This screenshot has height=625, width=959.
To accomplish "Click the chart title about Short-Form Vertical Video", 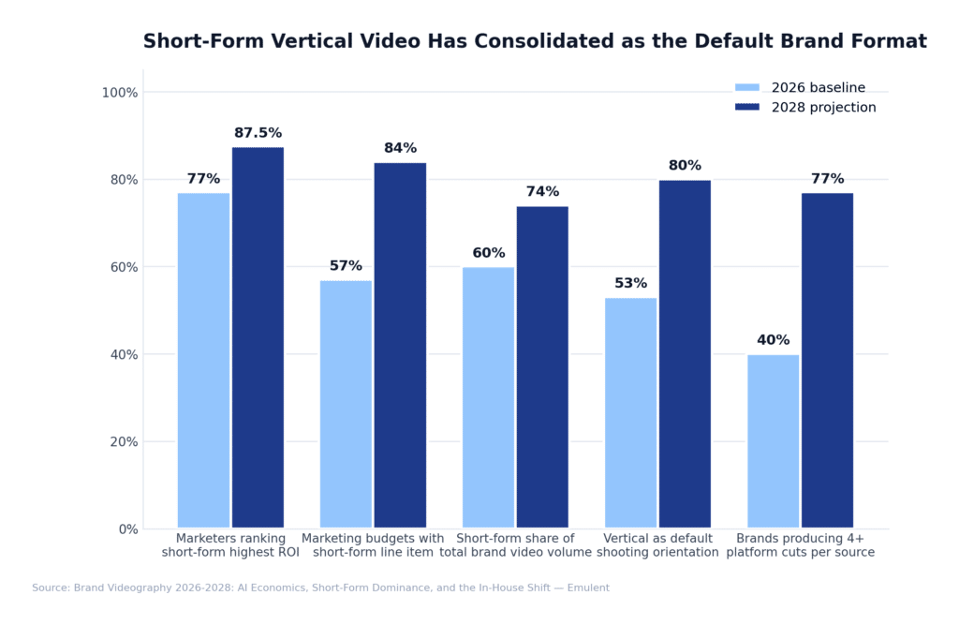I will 535,41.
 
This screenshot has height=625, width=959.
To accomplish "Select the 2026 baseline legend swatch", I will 746,88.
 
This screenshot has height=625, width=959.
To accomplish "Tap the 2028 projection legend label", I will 823,108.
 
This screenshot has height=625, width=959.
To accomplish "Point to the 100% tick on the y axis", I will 119,93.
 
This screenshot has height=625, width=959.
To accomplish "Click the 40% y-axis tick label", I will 122,355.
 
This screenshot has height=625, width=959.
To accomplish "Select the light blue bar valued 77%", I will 203,361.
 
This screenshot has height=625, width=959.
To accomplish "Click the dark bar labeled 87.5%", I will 258,337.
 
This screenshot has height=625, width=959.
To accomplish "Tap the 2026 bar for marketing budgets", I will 346,404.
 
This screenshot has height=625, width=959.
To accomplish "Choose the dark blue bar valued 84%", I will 400,345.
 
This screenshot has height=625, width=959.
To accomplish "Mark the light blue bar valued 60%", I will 488,397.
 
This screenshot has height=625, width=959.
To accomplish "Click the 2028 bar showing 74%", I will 542,366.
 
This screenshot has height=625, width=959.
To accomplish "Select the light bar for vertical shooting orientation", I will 630,412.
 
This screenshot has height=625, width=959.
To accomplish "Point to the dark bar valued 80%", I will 685,353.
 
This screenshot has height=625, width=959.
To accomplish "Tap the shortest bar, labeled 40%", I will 773,441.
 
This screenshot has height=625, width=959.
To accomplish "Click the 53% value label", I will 630,283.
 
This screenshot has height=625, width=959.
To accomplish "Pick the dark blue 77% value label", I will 827,179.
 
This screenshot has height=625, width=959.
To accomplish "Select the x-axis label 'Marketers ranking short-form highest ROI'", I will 230,545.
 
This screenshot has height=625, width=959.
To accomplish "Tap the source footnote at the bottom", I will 320,588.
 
